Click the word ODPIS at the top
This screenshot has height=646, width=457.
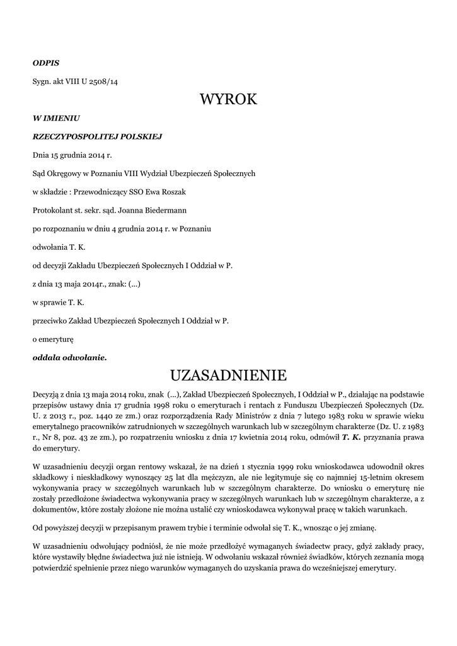pos(46,63)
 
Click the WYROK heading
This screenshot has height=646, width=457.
pos(228,99)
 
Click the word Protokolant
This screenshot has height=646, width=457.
pos(52,209)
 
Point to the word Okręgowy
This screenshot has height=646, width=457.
pos(66,173)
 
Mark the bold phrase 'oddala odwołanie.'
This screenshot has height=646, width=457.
pos(69,358)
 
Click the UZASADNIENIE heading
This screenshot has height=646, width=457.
pos(228,376)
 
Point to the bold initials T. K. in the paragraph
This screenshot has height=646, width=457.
pos(352,437)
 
